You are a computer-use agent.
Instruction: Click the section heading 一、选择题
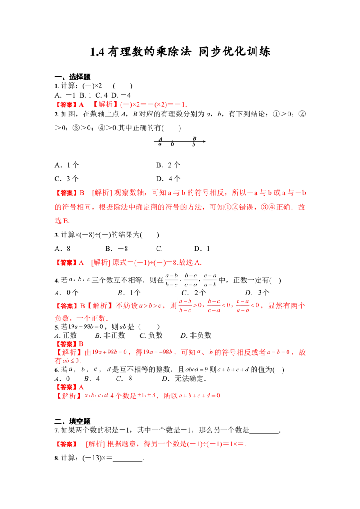pos(72,77)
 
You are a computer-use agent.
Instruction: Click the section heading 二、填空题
pos(72,421)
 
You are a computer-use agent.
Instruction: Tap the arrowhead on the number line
pos(204,141)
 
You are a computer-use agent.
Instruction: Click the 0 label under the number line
pos(172,144)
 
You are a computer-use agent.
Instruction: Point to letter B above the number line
pos(194,138)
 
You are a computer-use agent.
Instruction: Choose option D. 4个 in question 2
pos(168,179)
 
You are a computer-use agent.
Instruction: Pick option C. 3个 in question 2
pos(67,179)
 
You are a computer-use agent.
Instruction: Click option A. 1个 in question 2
pos(67,165)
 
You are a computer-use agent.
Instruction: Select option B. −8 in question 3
pos(117,249)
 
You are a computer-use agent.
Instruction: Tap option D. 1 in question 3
pos(202,249)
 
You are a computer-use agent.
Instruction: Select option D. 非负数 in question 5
pos(196,335)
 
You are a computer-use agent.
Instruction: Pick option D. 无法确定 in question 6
pos(184,379)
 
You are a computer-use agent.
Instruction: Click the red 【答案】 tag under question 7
pos(66,444)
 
